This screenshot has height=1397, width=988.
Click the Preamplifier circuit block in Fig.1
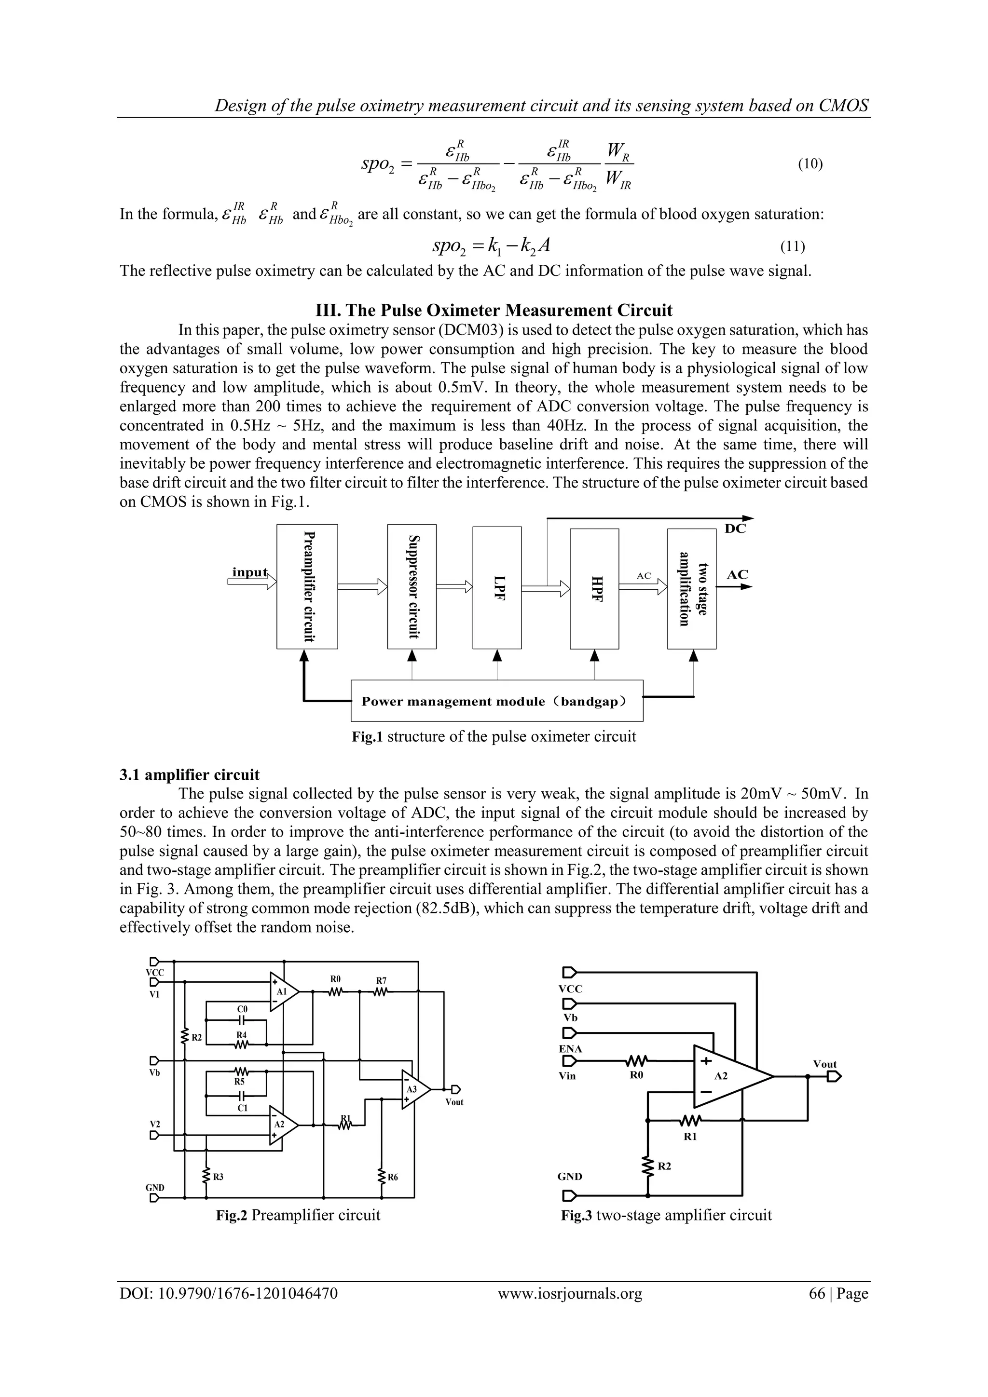[x=307, y=586]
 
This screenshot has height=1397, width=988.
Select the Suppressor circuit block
[x=412, y=586]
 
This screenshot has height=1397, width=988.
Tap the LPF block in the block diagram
[x=497, y=588]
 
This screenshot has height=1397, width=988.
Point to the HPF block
[x=594, y=589]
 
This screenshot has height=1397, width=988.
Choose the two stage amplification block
[x=691, y=588]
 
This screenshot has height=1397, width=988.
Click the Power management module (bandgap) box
[x=497, y=701]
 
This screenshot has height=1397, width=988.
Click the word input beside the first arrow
[x=249, y=572]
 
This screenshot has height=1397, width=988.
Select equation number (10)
[x=810, y=164]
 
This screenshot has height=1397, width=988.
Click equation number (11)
[x=793, y=246]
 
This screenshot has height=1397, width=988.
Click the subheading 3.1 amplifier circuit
[x=189, y=774]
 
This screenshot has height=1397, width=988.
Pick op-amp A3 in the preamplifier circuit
[x=413, y=1089]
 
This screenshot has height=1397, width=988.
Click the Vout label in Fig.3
[x=825, y=1064]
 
